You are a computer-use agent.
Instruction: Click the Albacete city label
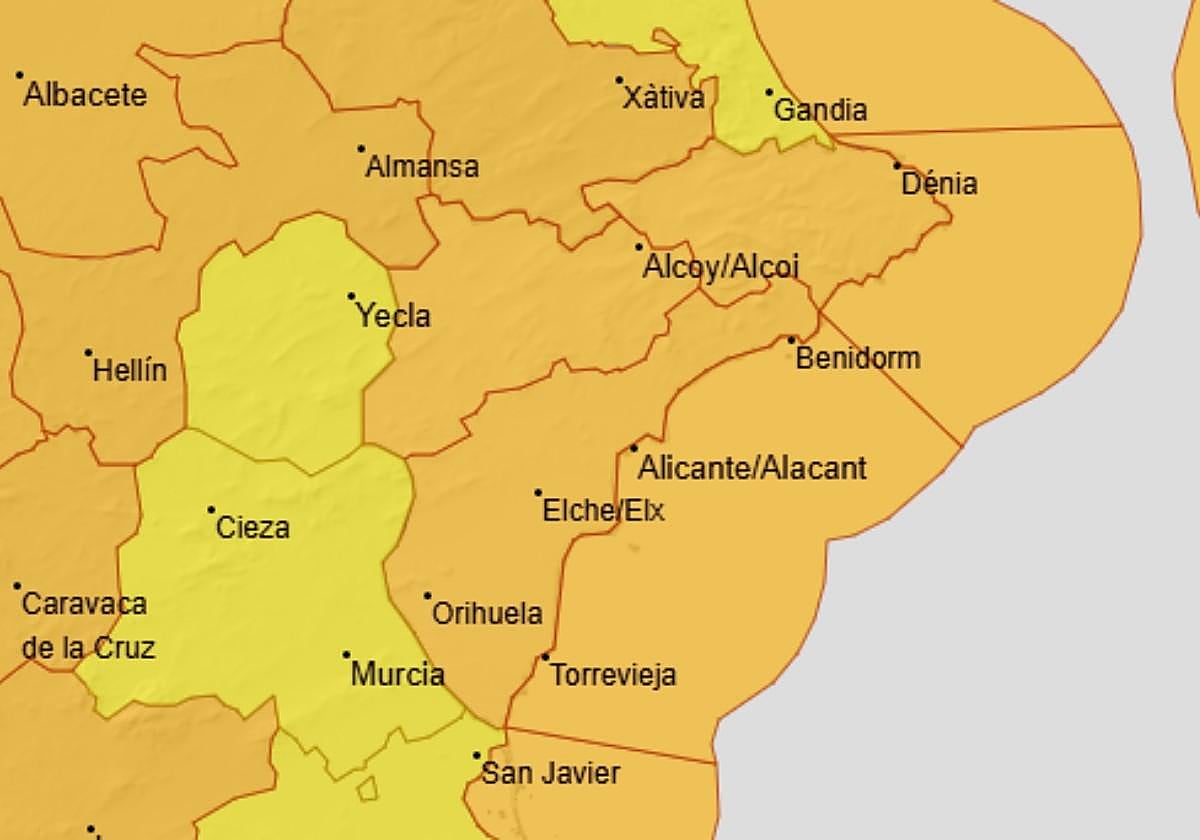pos(85,95)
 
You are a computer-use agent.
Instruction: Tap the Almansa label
pos(422,166)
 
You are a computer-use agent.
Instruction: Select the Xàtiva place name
pos(663,98)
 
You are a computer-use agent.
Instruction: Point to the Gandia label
pos(820,109)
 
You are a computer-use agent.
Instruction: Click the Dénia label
pos(939,184)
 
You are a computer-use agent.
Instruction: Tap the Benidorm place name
pos(858,358)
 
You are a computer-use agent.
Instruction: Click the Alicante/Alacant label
pos(752,467)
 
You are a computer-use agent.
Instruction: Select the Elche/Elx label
pos(603,511)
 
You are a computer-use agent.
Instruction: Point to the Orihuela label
pos(487,613)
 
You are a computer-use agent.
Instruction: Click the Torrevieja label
pos(613,674)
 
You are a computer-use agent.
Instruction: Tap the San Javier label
pos(551,773)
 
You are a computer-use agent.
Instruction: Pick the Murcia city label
pos(398,673)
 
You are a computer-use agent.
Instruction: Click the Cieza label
pos(253,527)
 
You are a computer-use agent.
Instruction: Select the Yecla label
pos(394,316)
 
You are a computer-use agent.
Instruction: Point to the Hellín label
pos(130,371)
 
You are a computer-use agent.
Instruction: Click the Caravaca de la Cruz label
pos(86,626)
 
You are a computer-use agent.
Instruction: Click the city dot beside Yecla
pos(351,296)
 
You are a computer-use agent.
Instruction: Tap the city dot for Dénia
pos(897,165)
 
